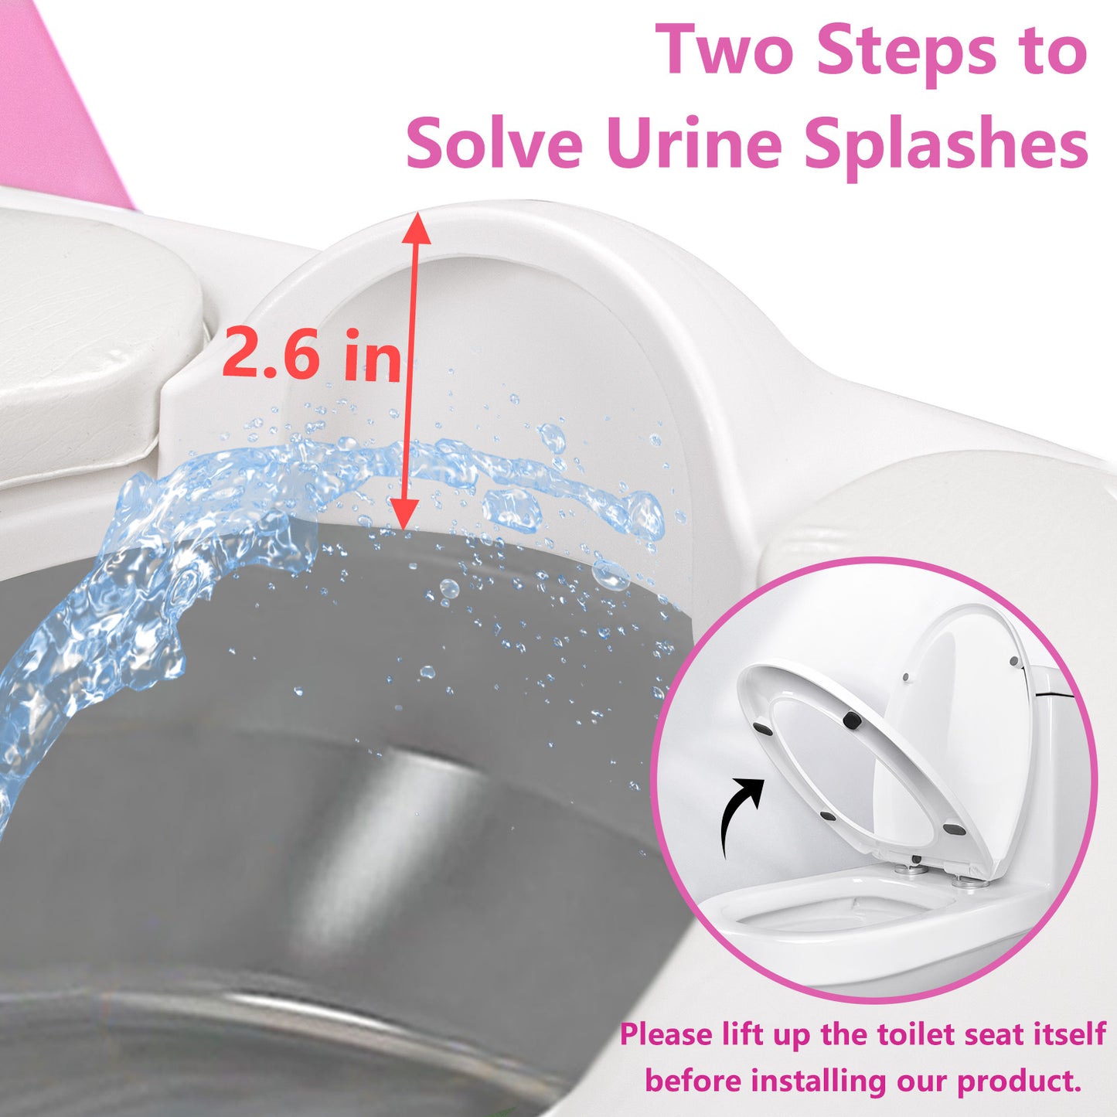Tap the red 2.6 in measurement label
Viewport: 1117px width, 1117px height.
pos(311,355)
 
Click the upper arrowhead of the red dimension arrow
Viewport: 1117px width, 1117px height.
pos(415,228)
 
